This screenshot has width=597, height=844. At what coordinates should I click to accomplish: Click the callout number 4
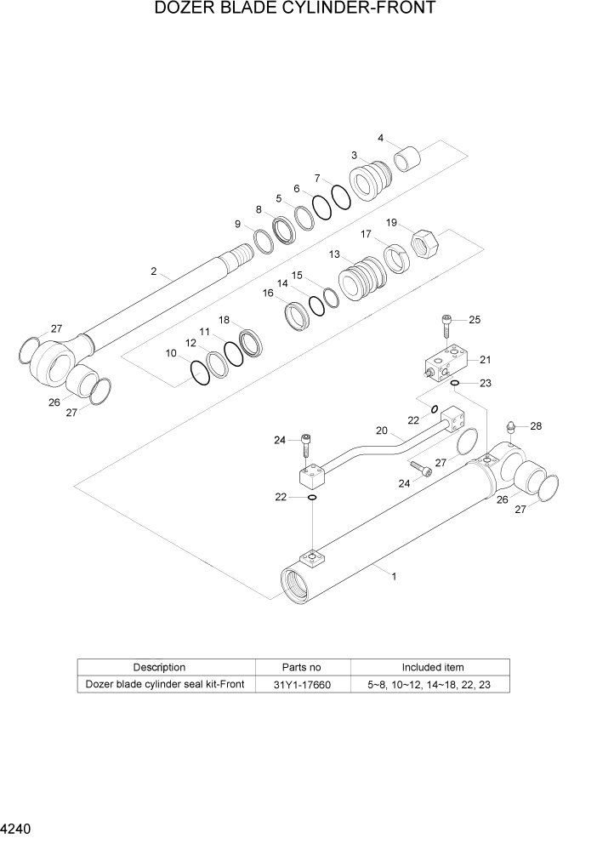tap(380, 138)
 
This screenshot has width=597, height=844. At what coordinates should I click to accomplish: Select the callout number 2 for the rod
tap(153, 271)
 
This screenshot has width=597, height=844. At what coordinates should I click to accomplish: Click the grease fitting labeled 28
tap(510, 427)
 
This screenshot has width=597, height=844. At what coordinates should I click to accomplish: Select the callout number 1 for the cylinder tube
tap(394, 576)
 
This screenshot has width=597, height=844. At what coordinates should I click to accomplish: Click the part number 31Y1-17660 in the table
tap(303, 685)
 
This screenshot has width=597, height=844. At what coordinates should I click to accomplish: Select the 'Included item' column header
tap(433, 667)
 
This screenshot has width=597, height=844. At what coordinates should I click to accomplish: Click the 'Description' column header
tap(159, 667)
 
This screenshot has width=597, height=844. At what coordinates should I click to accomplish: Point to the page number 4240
tap(17, 827)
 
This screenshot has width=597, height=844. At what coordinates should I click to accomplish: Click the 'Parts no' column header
tap(302, 667)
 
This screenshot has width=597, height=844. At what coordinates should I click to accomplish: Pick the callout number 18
tap(224, 320)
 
